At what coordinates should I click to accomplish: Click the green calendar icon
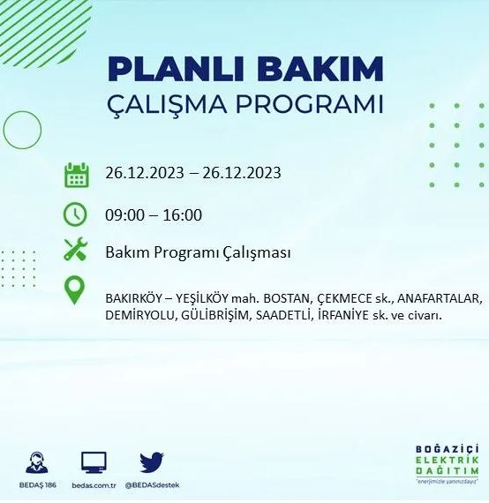point(77,174)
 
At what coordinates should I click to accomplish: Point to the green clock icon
point(76,214)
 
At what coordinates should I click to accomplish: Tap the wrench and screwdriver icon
point(76,251)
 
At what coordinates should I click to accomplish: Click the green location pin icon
point(76,290)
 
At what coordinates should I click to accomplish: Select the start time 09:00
point(123,214)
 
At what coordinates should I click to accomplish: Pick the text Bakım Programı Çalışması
point(198,252)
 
